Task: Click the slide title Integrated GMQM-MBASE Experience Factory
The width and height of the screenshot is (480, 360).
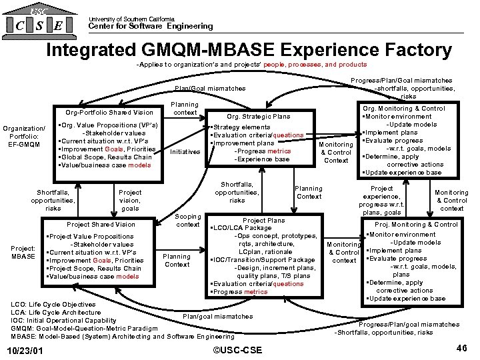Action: point(249,50)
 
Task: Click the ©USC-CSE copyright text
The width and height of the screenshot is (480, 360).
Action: point(237,351)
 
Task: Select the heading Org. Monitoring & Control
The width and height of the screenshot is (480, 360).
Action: point(413,108)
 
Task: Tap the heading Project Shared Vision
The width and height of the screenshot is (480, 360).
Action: point(101,225)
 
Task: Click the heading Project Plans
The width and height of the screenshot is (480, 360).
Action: point(263,220)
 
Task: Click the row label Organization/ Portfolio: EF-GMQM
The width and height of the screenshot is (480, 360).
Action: point(24,136)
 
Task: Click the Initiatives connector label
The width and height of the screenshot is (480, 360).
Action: point(185,151)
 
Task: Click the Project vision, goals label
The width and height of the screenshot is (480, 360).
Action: point(130,200)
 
